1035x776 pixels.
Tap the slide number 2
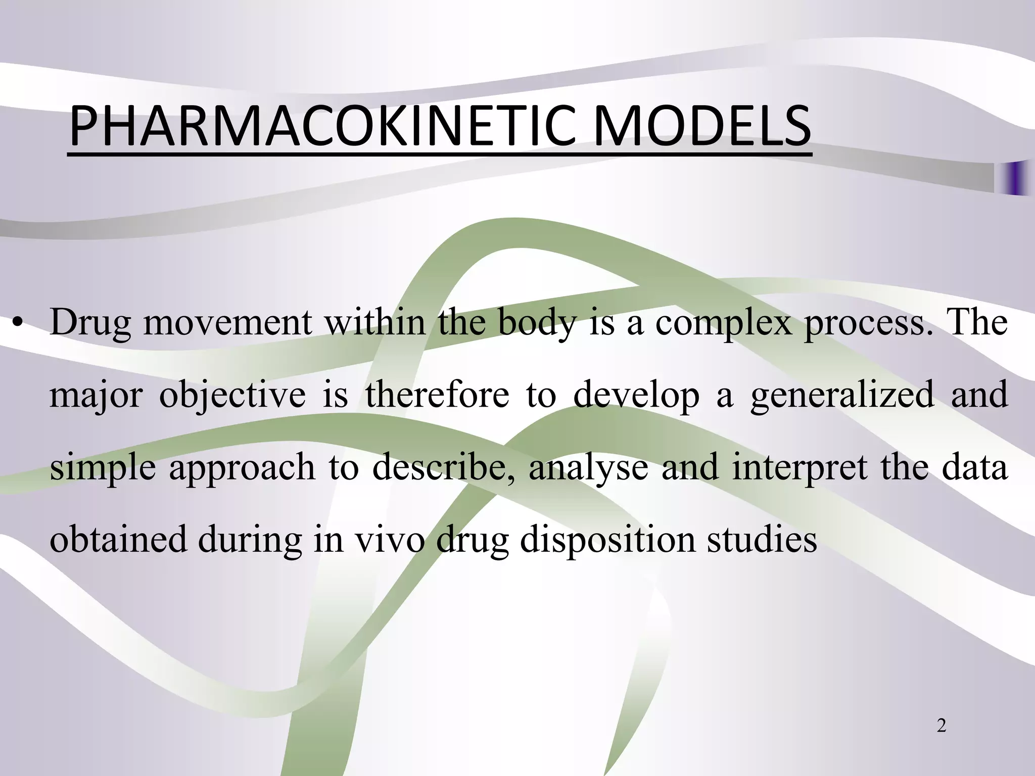[x=941, y=726]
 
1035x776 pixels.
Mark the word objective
[x=232, y=396]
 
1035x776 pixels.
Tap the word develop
[x=636, y=396]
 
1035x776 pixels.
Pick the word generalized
[x=842, y=396]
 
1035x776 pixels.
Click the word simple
[x=103, y=467]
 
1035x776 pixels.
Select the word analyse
[x=588, y=467]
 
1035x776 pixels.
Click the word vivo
[x=390, y=539]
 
